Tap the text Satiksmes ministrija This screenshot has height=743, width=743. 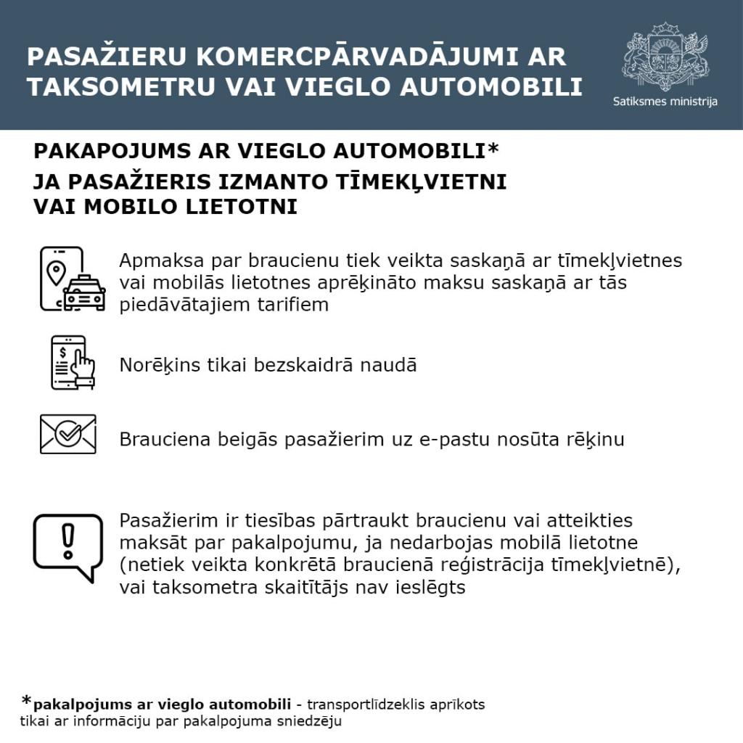[665, 102]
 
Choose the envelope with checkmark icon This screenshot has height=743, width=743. [68, 434]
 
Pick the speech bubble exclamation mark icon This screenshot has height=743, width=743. [68, 546]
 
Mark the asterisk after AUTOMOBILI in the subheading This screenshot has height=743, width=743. [493, 149]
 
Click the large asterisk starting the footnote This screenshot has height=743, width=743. [27, 701]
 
